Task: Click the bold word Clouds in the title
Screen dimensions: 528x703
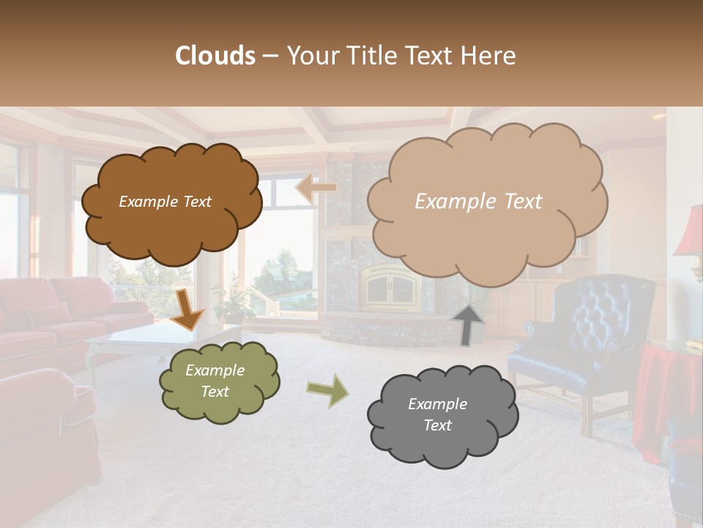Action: coord(215,56)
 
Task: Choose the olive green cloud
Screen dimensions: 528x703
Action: coord(219,381)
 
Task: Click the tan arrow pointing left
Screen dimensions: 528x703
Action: coord(316,188)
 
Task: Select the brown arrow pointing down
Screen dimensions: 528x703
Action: coord(186,309)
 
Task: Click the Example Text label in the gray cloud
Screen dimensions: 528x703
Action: coord(437,414)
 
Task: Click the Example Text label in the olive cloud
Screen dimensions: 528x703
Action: coord(215,381)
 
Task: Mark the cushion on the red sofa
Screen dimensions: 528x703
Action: coord(48,315)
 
